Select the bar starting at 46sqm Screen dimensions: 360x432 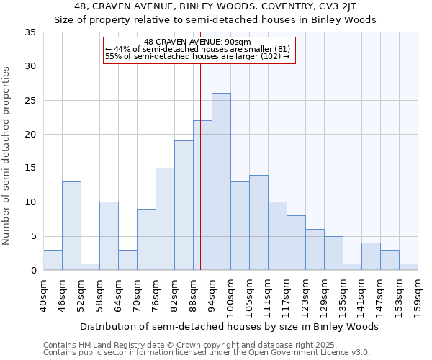tap(71, 225)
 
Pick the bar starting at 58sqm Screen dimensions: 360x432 tap(109, 236)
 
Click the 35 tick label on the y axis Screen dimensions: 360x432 tap(30, 32)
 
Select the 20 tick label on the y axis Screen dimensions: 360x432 tap(30, 135)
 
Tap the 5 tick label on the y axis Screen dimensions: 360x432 tap(33, 237)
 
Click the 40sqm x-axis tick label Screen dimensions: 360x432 tap(44, 295)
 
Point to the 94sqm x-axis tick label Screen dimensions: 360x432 tap(212, 295)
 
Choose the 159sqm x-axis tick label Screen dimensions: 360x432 tap(418, 295)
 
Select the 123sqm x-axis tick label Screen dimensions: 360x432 tap(306, 295)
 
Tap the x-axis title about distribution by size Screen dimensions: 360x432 tap(229, 326)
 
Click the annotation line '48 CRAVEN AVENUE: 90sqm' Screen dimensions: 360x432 tap(197, 42)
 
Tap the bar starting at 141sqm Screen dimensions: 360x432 tap(371, 256)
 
